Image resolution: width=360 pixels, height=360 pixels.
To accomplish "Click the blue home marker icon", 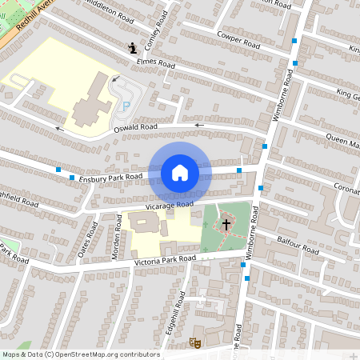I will (x=179, y=173).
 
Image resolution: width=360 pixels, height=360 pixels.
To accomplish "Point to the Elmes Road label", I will (x=155, y=62).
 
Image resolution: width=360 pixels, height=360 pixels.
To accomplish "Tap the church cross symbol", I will (x=226, y=225).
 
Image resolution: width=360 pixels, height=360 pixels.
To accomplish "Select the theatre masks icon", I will (x=194, y=342).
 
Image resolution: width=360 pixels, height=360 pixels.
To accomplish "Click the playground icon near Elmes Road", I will (x=132, y=49).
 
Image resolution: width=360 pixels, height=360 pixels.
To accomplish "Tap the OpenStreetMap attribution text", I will (x=80, y=354).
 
